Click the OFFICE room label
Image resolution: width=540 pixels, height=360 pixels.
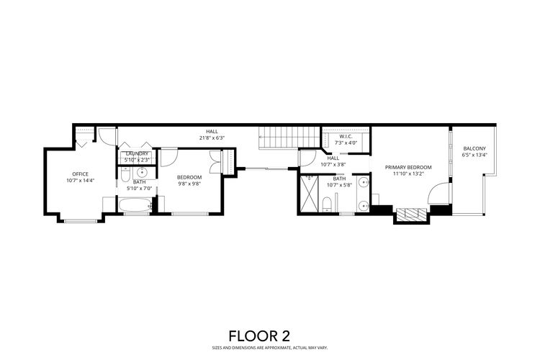pyautogui.click(x=80, y=174)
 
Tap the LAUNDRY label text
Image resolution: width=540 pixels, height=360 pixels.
pyautogui.click(x=137, y=153)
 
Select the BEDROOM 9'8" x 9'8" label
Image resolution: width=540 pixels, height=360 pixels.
pyautogui.click(x=189, y=176)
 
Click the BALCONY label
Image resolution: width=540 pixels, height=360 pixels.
pyautogui.click(x=474, y=148)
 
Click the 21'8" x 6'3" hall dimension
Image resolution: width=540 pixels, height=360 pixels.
pyautogui.click(x=212, y=138)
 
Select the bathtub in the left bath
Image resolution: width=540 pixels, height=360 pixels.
pyautogui.click(x=134, y=207)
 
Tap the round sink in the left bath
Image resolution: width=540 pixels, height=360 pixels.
pyautogui.click(x=142, y=173)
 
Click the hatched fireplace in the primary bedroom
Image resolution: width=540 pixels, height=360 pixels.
pyautogui.click(x=410, y=214)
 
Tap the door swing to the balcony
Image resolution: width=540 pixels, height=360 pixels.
pyautogui.click(x=438, y=194)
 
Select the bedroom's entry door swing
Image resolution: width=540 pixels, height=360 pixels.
pyautogui.click(x=168, y=156)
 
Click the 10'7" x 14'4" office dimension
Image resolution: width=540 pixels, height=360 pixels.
pyautogui.click(x=80, y=180)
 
